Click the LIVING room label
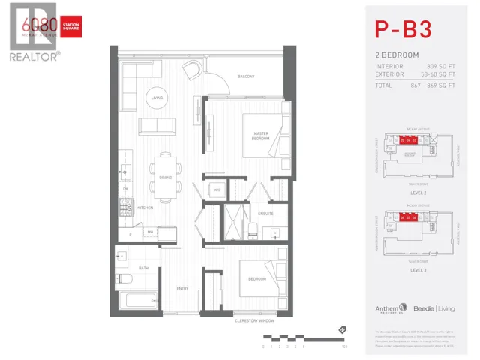tap(157, 97)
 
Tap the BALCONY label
tap(246, 76)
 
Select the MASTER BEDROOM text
tap(260, 136)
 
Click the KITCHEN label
tap(145, 208)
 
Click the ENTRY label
tap(182, 288)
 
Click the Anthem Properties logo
tap(390, 307)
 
